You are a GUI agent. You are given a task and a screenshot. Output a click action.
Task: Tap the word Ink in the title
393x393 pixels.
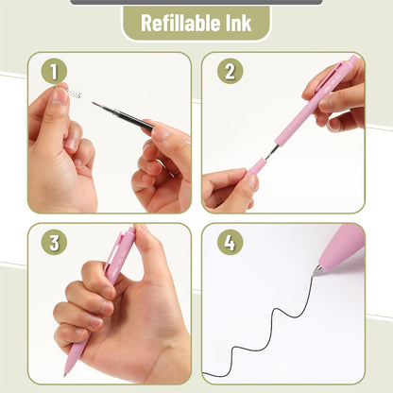click(x=236, y=23)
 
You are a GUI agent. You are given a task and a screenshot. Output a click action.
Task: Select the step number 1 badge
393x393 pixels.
click(x=55, y=72)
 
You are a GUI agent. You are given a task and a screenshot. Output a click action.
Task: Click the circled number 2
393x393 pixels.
click(x=229, y=72)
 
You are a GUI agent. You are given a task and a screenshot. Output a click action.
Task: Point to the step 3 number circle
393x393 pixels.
click(x=55, y=242)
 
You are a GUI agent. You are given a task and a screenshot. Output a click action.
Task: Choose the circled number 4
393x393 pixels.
click(x=229, y=242)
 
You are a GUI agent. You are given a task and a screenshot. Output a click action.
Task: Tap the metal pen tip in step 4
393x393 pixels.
click(x=318, y=270)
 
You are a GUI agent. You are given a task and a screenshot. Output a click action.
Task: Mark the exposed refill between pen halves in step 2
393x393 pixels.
click(x=273, y=149)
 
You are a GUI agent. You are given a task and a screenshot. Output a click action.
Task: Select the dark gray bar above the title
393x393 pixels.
click(x=196, y=2)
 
